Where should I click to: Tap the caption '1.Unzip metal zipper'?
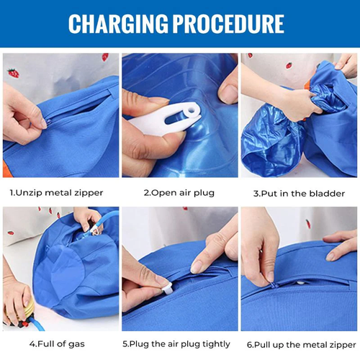tap(56, 192)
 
